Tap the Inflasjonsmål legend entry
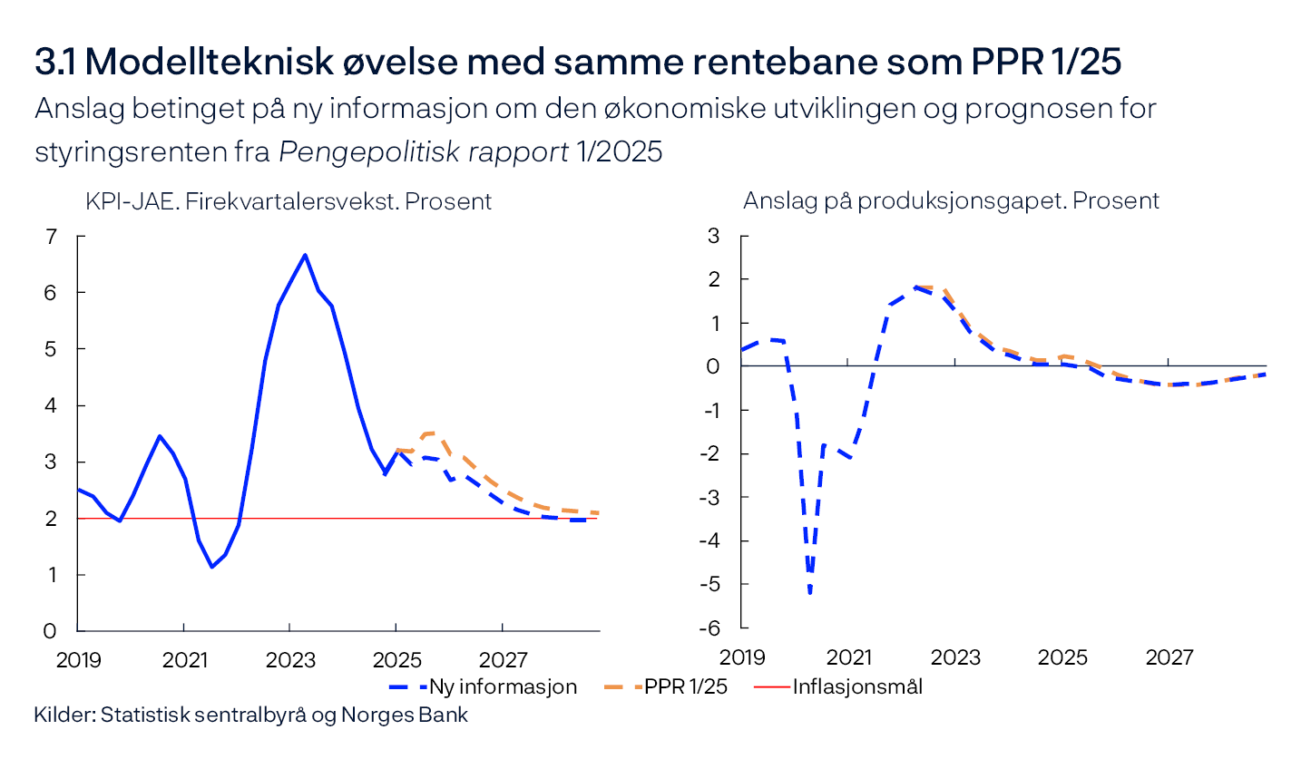pyautogui.click(x=857, y=686)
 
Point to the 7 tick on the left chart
pyautogui.click(x=51, y=237)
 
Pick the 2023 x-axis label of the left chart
pyautogui.click(x=289, y=658)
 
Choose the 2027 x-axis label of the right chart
pyautogui.click(x=1169, y=657)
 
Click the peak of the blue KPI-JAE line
pyautogui.click(x=305, y=255)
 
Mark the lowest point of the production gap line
pyautogui.click(x=809, y=593)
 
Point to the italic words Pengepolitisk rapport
pyautogui.click(x=424, y=152)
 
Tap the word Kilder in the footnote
pyautogui.click(x=64, y=715)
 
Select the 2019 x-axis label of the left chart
pyautogui.click(x=79, y=658)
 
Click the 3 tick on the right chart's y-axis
pyautogui.click(x=713, y=237)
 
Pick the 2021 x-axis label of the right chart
pyautogui.click(x=848, y=657)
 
